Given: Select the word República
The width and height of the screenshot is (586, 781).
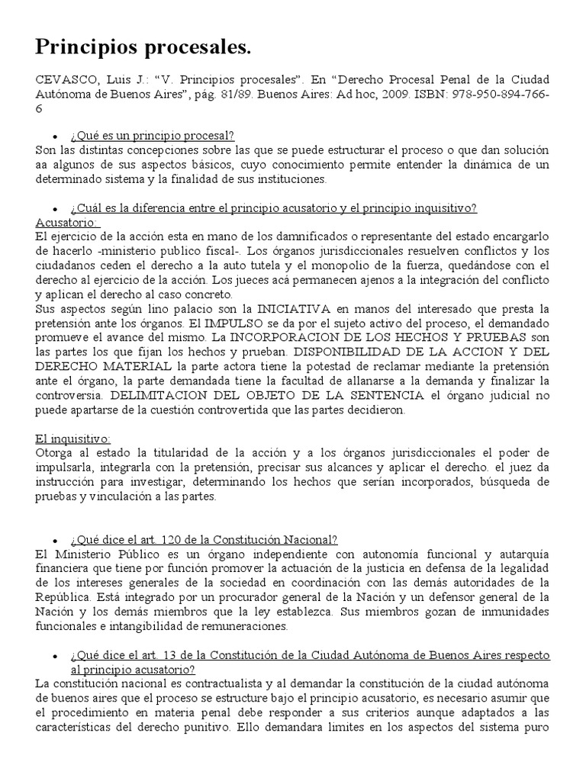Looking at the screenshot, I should pyautogui.click(x=64, y=596).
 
